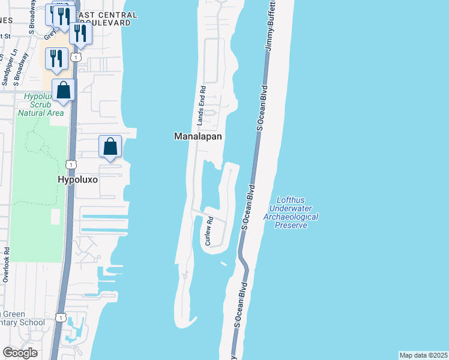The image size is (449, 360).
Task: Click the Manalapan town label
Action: [198, 136]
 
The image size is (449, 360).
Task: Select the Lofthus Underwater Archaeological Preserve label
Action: [291, 213]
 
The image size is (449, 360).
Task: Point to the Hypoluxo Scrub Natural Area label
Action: [41, 104]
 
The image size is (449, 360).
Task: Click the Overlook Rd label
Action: [5, 265]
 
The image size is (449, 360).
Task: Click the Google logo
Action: [20, 353]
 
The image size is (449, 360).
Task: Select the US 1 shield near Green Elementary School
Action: [60, 316]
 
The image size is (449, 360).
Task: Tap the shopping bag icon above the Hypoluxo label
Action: [110, 146]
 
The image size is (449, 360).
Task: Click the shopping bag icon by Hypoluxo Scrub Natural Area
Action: [63, 91]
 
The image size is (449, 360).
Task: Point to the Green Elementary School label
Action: [22, 318]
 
